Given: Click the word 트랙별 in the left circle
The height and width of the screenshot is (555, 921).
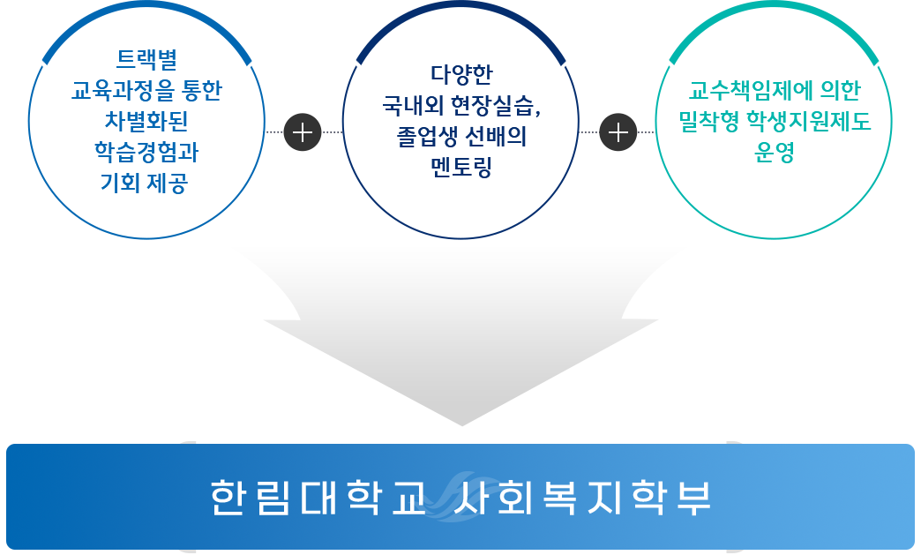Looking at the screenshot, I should point(146,61).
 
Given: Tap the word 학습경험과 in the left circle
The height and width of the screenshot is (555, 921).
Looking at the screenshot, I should point(146,153).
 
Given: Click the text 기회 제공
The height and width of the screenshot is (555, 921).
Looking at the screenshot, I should point(146,184).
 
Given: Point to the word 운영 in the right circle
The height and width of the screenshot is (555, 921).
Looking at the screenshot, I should point(774,153).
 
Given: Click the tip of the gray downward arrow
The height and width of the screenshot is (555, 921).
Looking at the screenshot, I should point(460,422).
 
